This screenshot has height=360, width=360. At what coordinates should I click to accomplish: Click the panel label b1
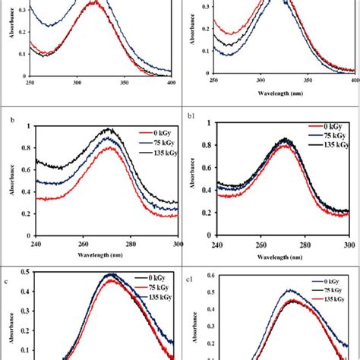191,118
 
